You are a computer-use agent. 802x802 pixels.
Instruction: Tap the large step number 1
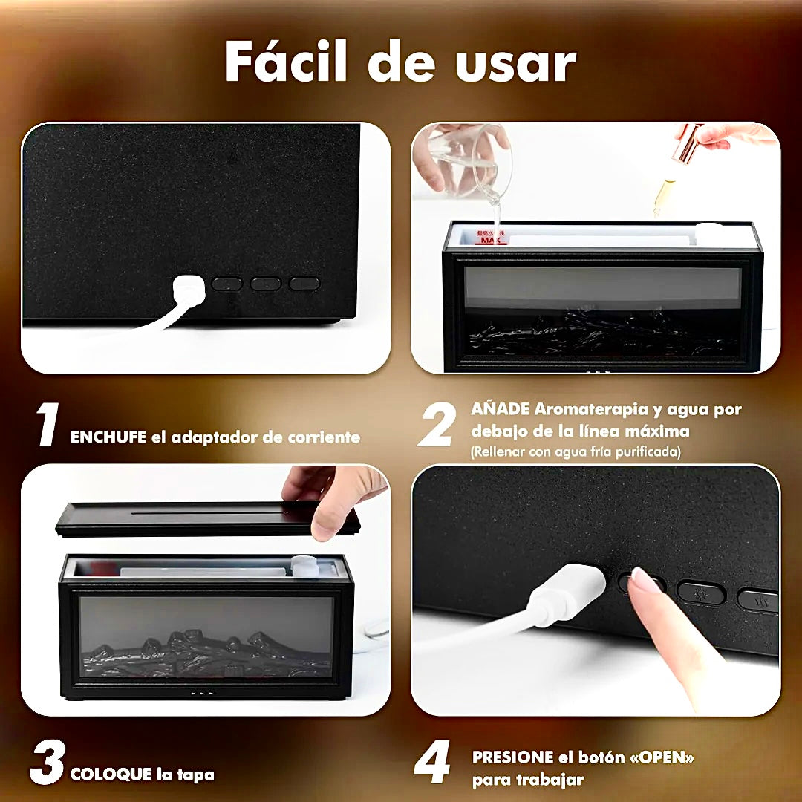click(47, 424)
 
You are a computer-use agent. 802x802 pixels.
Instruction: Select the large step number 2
click(437, 424)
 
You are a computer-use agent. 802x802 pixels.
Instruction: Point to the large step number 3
click(47, 762)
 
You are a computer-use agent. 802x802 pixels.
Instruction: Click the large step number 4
click(432, 762)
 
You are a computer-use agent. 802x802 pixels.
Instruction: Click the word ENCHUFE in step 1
click(108, 437)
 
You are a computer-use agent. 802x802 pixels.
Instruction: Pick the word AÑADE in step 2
click(500, 408)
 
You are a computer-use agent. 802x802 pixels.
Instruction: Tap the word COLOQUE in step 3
click(111, 774)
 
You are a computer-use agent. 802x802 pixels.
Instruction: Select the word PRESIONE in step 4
click(512, 757)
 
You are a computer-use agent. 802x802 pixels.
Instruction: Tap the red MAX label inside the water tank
click(491, 238)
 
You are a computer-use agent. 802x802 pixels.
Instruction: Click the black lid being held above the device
click(208, 518)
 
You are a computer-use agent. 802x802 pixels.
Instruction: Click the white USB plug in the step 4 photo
click(567, 594)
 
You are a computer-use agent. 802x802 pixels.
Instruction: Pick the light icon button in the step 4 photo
click(701, 593)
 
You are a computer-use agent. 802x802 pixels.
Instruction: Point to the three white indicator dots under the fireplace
click(201, 694)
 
